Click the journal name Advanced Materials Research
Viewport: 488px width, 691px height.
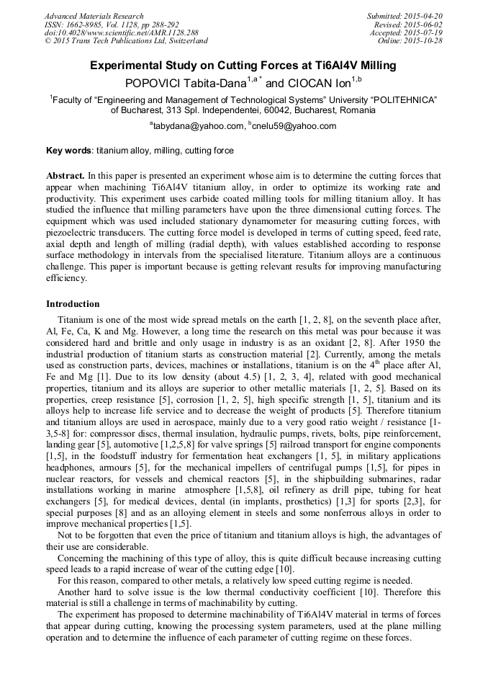tap(90, 16)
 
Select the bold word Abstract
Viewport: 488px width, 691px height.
tap(65, 176)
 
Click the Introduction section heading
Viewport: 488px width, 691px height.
tap(73, 304)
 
